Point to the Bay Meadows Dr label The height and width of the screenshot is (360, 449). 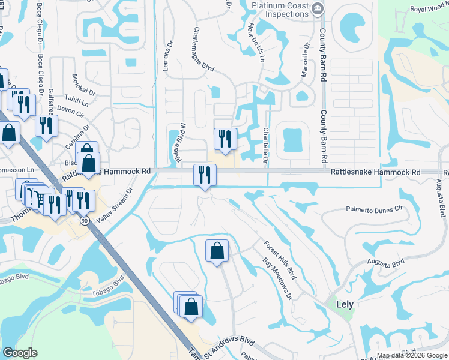(277, 280)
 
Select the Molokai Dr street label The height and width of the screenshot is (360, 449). (84, 85)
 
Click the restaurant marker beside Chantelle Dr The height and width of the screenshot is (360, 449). (225, 139)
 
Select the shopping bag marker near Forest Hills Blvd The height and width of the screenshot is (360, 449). (217, 251)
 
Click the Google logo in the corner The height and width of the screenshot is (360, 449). (20, 353)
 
